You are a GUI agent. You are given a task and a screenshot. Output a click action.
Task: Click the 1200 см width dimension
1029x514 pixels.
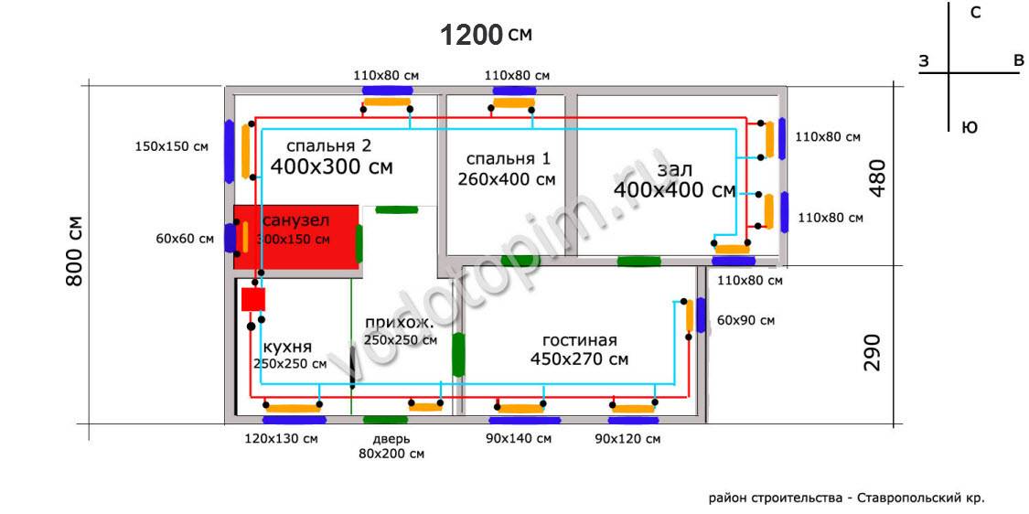486,35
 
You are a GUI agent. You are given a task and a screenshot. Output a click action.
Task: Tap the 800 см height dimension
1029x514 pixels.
75,251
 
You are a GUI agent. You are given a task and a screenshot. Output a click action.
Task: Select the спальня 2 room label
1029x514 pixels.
328,146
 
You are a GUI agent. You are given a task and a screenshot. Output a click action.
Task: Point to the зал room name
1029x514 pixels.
674,170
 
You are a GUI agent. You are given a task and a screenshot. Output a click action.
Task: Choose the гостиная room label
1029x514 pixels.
579,340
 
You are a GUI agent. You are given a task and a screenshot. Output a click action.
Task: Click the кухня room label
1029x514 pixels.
287,348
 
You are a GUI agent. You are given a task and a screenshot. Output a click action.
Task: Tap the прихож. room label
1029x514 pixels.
400,323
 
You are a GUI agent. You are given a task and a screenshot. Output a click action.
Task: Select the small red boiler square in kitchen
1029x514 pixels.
252,299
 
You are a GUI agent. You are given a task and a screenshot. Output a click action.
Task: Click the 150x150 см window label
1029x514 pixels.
171,146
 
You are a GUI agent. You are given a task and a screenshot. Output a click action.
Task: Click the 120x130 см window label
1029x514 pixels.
282,439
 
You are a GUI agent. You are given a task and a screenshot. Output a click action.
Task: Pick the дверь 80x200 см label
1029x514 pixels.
391,445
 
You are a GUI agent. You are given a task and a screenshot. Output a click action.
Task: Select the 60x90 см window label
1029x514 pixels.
745,320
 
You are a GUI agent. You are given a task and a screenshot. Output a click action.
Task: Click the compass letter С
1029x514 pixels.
976,13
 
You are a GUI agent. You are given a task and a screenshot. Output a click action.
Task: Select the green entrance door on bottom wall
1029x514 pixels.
385,420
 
